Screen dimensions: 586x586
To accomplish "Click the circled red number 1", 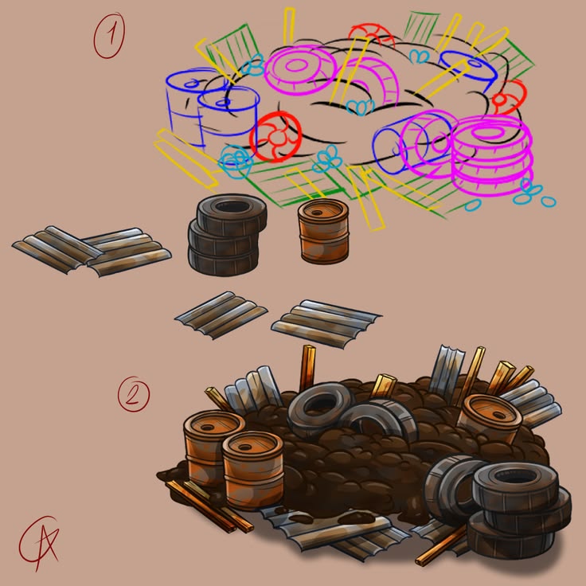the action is (x=109, y=36).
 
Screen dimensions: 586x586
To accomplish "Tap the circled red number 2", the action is (x=134, y=394).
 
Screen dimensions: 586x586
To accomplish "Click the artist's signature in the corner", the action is (x=38, y=543).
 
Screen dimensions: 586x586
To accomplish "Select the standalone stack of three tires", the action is (x=227, y=234).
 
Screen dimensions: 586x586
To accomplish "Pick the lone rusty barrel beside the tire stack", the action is (x=323, y=231).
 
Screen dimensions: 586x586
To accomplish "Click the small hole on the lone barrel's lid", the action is (x=317, y=213).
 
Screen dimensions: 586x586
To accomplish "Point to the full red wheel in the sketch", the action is (x=275, y=137).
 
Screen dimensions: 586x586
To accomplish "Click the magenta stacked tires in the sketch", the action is (x=492, y=156).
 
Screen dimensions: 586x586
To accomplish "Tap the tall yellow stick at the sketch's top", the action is (x=289, y=25).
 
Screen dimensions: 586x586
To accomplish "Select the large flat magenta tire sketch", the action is (x=301, y=70).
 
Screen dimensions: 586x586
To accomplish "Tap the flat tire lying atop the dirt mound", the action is (x=321, y=409).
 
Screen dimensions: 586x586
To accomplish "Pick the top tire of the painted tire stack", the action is (x=516, y=485).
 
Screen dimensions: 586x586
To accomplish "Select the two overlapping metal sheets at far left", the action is (x=92, y=251).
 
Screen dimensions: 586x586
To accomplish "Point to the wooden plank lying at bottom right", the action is (x=441, y=545).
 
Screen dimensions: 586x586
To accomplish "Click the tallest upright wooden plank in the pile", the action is (x=307, y=368).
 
